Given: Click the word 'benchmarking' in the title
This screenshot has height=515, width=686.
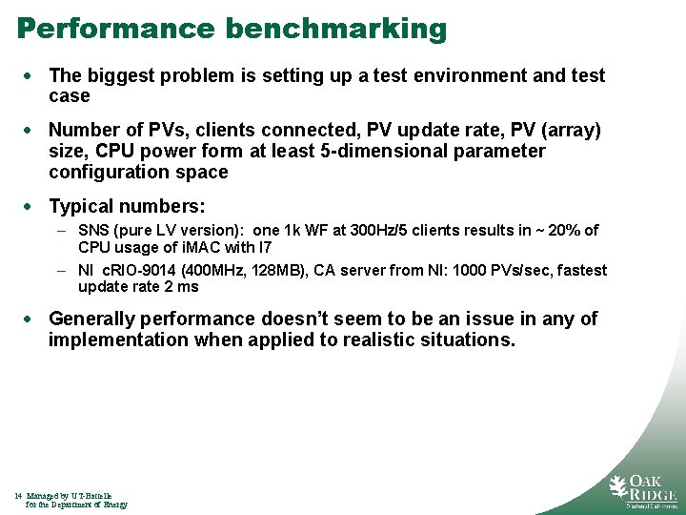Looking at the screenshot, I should pos(335,29).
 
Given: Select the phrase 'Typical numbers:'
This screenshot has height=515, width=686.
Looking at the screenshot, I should pos(127,206).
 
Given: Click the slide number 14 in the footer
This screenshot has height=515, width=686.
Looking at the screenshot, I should pos(18,496).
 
